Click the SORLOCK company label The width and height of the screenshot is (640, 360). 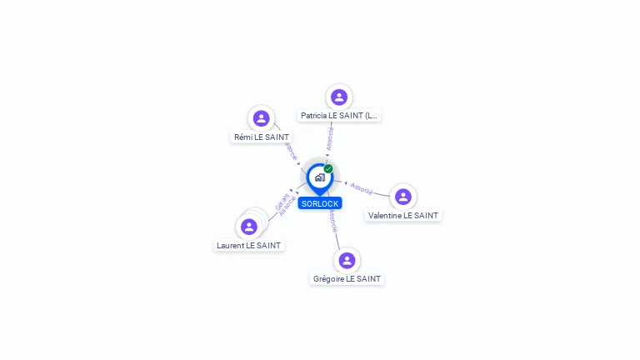click(320, 203)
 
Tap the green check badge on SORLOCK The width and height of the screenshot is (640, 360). click(328, 169)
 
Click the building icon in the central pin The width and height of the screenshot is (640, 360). click(319, 177)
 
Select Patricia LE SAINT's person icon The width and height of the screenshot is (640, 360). click(338, 97)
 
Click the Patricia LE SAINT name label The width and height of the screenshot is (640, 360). click(339, 116)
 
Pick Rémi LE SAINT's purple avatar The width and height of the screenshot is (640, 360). click(261, 118)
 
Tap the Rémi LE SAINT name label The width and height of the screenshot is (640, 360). click(262, 137)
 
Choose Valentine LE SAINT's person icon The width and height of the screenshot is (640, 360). click(403, 197)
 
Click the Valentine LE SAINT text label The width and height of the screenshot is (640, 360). click(403, 215)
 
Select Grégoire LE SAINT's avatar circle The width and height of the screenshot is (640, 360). click(347, 260)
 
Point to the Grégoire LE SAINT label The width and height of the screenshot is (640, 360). click(347, 278)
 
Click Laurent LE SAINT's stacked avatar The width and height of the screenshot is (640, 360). click(249, 227)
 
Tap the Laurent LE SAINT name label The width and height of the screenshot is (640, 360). click(248, 245)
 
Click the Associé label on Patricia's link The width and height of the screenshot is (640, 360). click(331, 138)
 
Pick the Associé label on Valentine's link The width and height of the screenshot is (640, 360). click(362, 188)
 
